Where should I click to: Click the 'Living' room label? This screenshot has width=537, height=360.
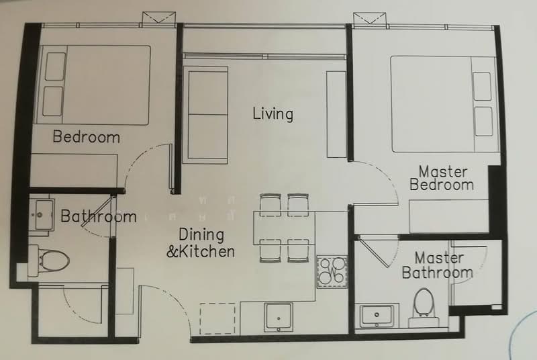coord(273,114)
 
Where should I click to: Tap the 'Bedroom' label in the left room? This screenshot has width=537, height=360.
coord(86,137)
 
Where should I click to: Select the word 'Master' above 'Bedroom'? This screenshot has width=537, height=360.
coord(442,171)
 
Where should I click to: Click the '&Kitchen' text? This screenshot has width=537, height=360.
coord(201,252)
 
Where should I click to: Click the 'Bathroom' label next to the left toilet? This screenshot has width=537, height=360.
coord(99,216)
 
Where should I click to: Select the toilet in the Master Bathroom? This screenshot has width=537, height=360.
coord(424,303)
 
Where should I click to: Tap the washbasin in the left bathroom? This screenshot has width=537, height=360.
coord(40,214)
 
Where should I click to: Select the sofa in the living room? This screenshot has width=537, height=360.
coord(207,115)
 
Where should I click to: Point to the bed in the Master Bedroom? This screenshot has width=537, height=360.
coord(444,104)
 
